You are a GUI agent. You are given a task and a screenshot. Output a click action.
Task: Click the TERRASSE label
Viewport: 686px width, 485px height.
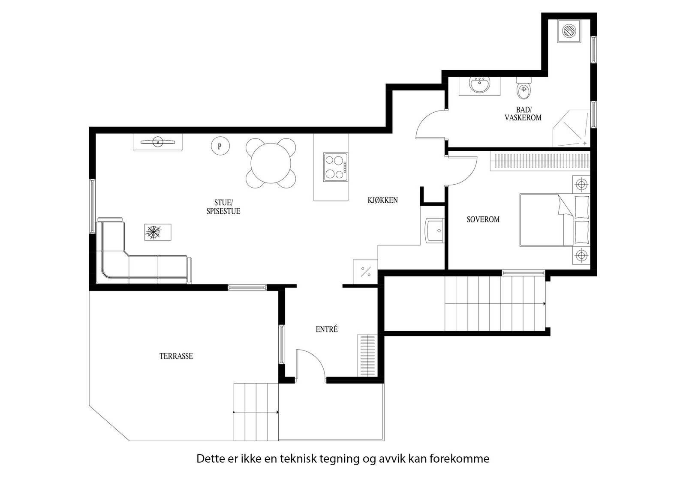[x=176, y=356]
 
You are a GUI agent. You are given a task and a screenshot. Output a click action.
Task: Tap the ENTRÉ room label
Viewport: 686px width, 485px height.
[x=326, y=329]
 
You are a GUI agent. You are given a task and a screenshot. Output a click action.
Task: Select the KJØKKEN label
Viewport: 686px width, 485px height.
[x=382, y=200]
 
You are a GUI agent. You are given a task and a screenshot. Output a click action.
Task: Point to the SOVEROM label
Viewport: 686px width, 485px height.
[x=483, y=219]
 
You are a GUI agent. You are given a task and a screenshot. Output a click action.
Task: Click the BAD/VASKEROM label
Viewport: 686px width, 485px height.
[x=523, y=114]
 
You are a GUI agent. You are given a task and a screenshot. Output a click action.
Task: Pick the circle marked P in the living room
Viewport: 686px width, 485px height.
[x=220, y=146]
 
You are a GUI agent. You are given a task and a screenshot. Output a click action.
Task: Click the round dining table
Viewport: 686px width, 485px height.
[x=271, y=163]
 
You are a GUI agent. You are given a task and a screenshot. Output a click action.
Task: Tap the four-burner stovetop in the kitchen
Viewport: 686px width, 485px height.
[x=336, y=167]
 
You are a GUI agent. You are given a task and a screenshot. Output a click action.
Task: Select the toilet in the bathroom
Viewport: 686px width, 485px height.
[x=524, y=88]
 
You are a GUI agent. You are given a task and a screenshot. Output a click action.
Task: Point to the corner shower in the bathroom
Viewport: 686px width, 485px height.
[x=571, y=129]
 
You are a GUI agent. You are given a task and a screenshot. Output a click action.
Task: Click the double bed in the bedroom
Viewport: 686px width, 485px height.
[x=555, y=220]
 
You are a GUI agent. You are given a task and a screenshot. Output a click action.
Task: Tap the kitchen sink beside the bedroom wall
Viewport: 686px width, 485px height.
[x=435, y=231]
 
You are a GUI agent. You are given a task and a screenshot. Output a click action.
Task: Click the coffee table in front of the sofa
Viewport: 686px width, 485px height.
[x=158, y=232]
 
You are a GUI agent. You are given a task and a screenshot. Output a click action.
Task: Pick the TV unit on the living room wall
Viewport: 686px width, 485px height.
[x=158, y=142]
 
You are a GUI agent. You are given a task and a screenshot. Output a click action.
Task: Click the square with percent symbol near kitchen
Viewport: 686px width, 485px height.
[x=365, y=272]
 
